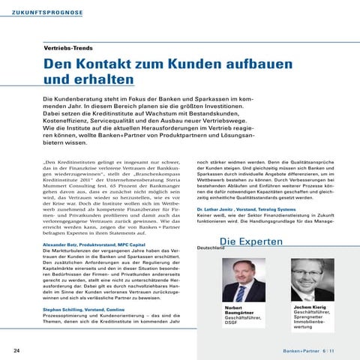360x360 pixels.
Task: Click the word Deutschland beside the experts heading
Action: pyautogui.click(x=211, y=226)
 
